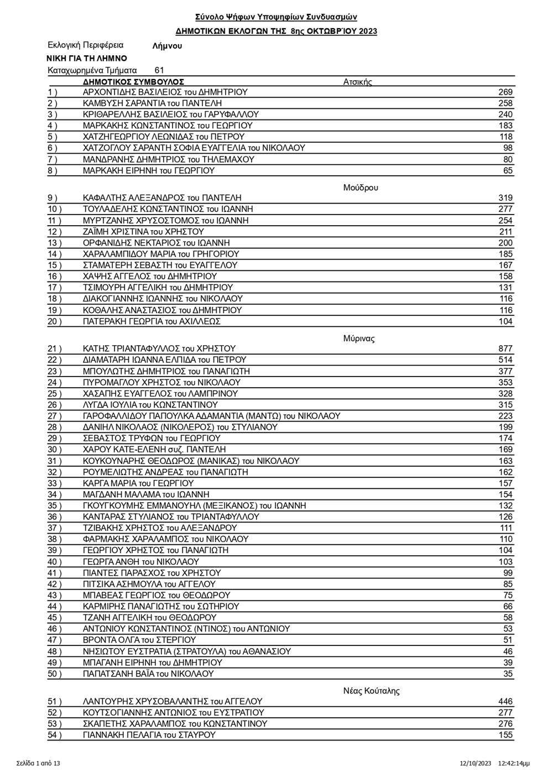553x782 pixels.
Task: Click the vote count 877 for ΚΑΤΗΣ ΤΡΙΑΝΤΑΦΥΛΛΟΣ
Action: pyautogui.click(x=505, y=348)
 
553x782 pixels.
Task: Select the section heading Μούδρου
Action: pyautogui.click(x=361, y=187)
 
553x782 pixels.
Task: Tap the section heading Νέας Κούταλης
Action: pyautogui.click(x=371, y=691)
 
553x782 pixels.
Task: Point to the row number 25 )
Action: pyautogui.click(x=55, y=394)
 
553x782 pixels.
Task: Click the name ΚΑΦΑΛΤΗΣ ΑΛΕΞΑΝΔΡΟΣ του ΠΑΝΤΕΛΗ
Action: pyautogui.click(x=162, y=198)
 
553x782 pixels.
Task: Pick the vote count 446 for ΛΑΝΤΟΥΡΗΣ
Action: pyautogui.click(x=505, y=701)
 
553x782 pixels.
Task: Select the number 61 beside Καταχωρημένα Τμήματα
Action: pyautogui.click(x=159, y=70)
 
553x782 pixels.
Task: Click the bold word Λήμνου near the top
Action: pyautogui.click(x=166, y=46)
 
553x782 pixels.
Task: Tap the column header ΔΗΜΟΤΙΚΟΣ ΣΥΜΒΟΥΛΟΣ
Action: pyautogui.click(x=133, y=82)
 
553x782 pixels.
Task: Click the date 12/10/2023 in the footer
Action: pyautogui.click(x=476, y=763)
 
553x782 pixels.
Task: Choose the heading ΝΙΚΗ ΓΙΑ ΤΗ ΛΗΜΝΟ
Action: pyautogui.click(x=87, y=58)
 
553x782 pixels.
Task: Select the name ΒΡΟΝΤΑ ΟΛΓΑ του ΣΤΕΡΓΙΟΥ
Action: pyautogui.click(x=139, y=640)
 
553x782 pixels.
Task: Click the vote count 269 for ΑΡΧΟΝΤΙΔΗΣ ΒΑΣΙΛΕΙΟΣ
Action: pyautogui.click(x=505, y=92)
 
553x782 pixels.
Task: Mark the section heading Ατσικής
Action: pyautogui.click(x=358, y=82)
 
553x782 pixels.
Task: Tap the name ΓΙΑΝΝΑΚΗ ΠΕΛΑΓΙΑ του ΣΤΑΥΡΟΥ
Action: pyautogui.click(x=149, y=735)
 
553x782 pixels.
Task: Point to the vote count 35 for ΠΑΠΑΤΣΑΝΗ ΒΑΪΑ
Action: pyautogui.click(x=508, y=674)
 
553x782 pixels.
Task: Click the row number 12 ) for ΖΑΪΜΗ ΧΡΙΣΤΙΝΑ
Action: pyautogui.click(x=55, y=232)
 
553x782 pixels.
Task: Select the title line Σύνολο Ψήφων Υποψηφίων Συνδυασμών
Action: pyautogui.click(x=276, y=18)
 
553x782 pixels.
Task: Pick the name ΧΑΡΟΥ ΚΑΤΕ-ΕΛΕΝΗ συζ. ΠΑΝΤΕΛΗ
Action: pyautogui.click(x=154, y=450)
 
